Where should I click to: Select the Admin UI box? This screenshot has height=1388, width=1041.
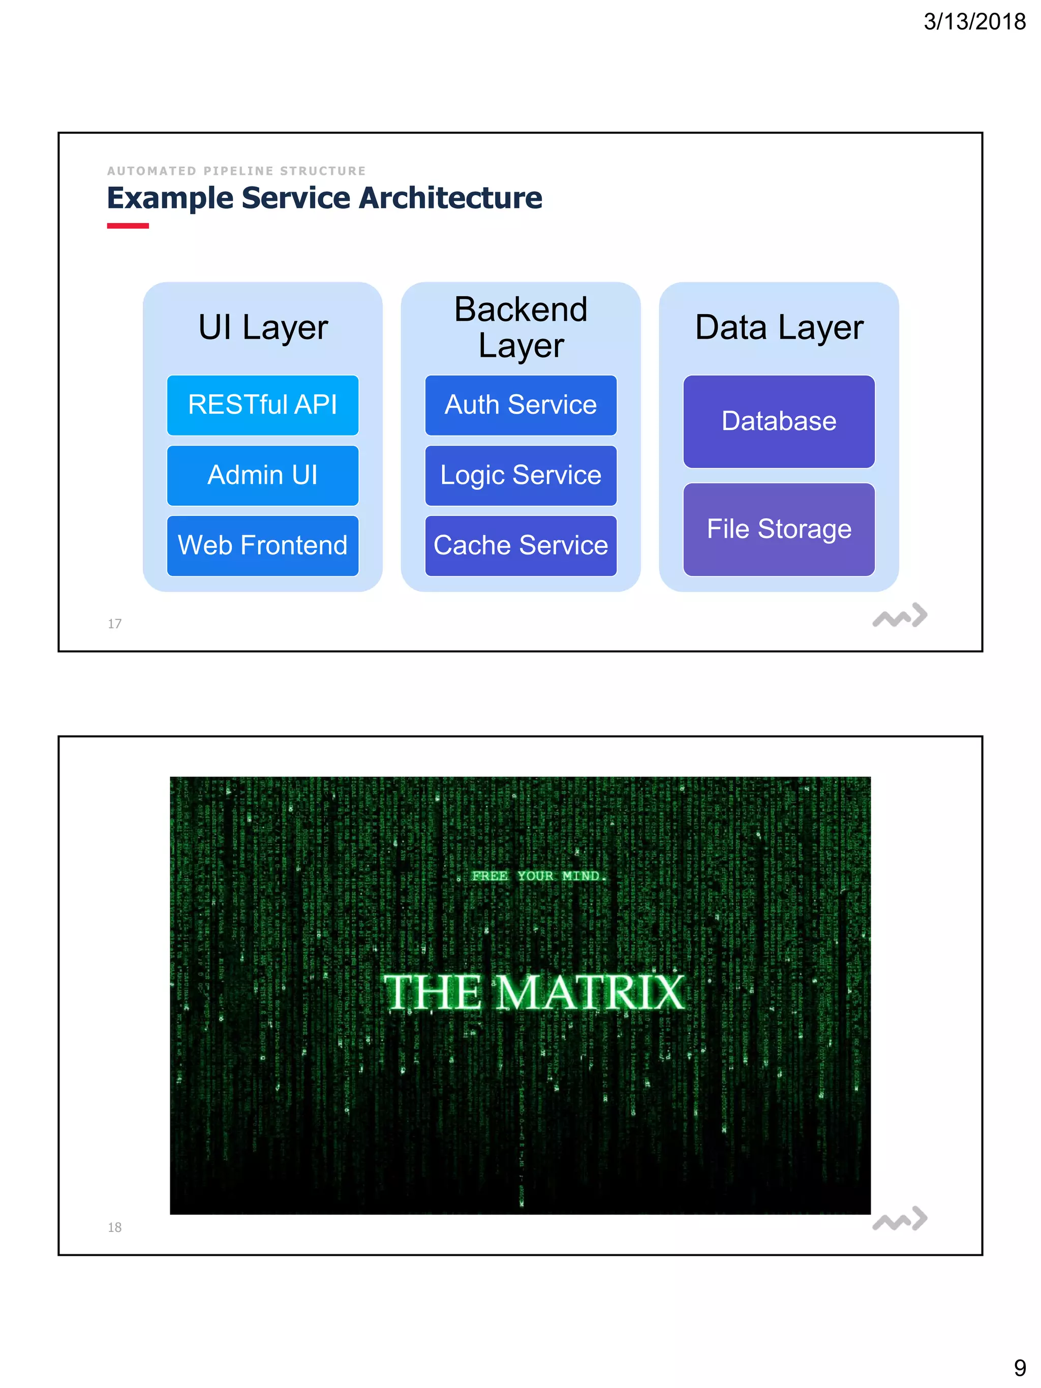262,476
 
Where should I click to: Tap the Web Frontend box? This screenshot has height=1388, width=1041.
262,546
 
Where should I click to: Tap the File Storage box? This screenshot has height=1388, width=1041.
779,530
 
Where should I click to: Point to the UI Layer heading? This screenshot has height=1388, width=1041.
263,327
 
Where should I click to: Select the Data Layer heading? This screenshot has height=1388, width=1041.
779,327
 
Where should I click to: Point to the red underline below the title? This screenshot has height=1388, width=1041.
128,226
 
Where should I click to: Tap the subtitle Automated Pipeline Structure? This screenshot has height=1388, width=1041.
236,171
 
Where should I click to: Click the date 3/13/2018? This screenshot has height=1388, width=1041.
974,22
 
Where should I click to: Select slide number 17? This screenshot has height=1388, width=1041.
114,624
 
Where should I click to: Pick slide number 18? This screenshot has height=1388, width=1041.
114,1227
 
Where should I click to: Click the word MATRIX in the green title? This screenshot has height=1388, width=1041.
591,993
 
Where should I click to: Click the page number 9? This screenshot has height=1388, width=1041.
1020,1368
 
